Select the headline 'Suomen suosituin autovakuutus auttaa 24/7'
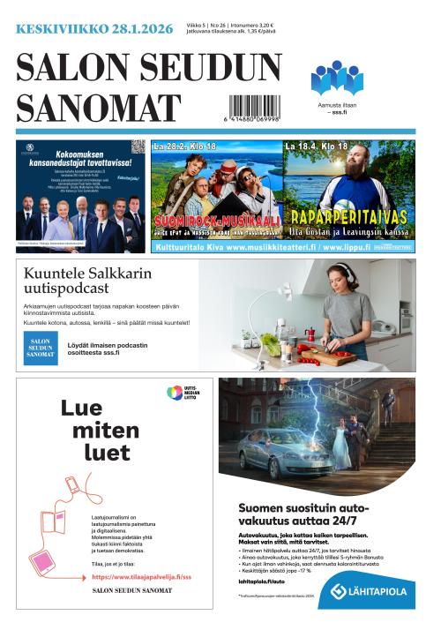click(313, 515)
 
